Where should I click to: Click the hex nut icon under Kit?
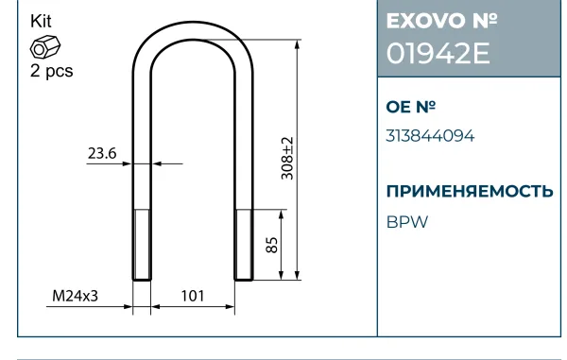(x=45, y=46)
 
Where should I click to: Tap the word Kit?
(x=41, y=22)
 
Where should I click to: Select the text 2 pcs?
(x=51, y=71)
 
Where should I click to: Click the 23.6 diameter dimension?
(x=102, y=153)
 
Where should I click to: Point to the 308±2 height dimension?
(x=287, y=158)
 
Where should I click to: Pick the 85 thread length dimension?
(x=271, y=245)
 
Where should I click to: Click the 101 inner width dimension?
(x=193, y=296)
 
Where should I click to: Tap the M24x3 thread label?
(x=76, y=296)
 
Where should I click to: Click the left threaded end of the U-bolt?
(x=142, y=245)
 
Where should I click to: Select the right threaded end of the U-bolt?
(x=244, y=245)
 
